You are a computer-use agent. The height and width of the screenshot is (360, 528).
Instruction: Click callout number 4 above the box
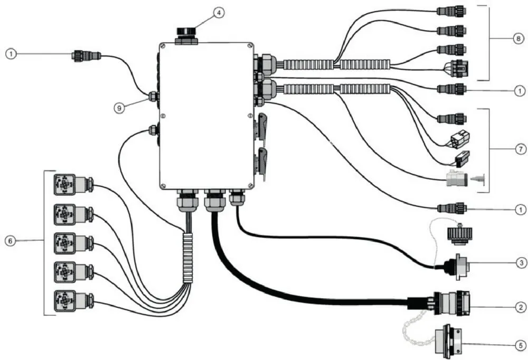point(219,13)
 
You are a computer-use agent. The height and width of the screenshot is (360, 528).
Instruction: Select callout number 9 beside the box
point(119,108)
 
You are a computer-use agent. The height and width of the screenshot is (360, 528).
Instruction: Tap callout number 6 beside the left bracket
point(11,241)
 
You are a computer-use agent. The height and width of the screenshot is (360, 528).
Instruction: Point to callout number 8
point(518,39)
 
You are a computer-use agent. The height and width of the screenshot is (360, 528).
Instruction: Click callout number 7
point(521,149)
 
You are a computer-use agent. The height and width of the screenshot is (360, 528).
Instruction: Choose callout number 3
point(521,262)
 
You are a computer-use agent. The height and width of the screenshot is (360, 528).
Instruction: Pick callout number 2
point(521,307)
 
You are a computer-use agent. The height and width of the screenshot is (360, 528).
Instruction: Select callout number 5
point(521,345)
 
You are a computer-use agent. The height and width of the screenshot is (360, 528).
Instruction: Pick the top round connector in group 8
point(451,12)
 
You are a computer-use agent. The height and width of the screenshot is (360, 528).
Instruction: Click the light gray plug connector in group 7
point(456,178)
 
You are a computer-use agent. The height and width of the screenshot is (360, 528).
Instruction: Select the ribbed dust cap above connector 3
point(459,234)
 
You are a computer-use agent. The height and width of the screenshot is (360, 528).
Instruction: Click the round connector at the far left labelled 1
point(87,55)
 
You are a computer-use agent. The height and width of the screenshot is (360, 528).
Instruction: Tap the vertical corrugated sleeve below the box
point(187,258)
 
